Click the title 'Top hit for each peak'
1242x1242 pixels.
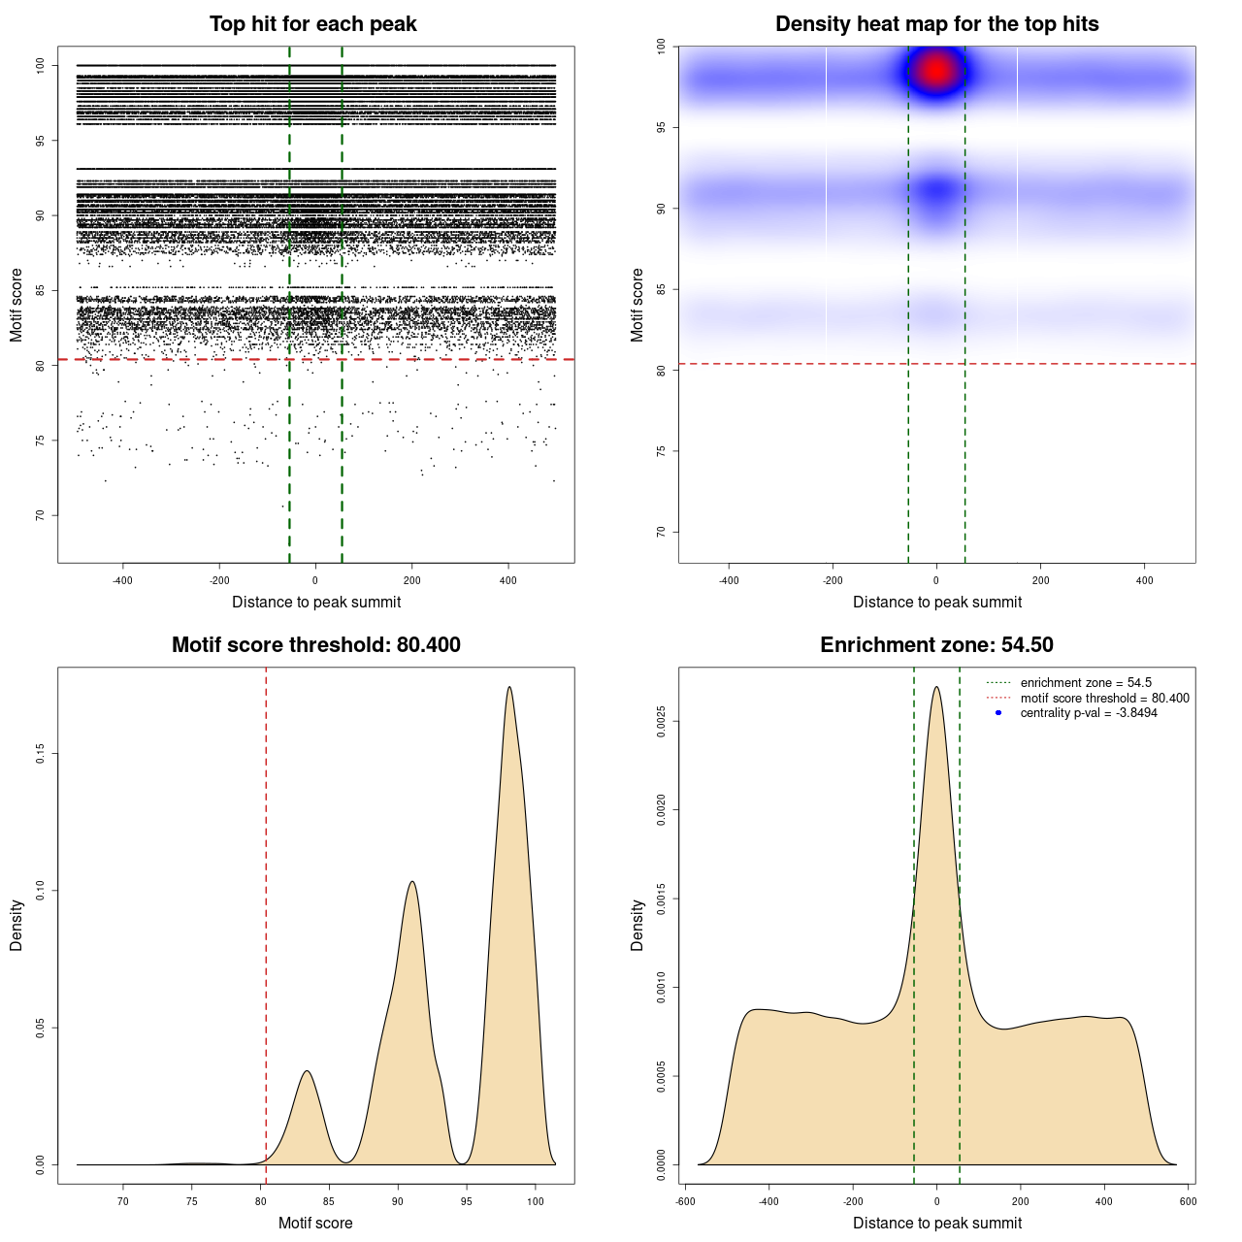[313, 24]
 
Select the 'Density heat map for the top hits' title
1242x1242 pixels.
[936, 24]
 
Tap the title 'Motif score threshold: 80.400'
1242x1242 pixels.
[315, 645]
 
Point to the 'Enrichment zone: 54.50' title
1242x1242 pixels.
[936, 645]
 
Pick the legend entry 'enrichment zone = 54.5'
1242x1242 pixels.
[1086, 683]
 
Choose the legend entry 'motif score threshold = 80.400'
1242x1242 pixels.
[1104, 699]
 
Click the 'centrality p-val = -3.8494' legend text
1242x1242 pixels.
[1089, 713]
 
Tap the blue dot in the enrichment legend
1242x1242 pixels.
[998, 713]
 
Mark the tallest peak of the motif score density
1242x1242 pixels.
[509, 688]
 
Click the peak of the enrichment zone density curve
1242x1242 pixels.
[936, 688]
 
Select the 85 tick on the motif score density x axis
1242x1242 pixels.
[329, 1201]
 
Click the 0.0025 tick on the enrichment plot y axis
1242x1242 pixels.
[662, 722]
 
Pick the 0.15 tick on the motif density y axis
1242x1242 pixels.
[41, 754]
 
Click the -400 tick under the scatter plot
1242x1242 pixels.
[122, 580]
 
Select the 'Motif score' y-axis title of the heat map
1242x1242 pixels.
[637, 305]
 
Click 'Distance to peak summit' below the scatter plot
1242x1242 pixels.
[316, 603]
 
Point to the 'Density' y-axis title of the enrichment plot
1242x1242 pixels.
[637, 925]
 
